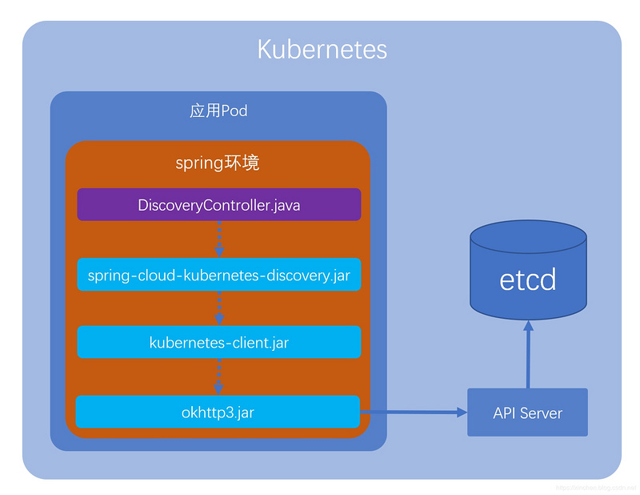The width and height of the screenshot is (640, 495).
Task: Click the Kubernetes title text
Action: [x=322, y=50]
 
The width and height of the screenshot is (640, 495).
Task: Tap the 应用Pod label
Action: [x=218, y=111]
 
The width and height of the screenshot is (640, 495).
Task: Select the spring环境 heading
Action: [x=218, y=163]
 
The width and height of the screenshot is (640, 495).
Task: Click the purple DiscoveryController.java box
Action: [x=218, y=205]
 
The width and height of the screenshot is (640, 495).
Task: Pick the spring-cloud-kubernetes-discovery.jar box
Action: [x=218, y=275]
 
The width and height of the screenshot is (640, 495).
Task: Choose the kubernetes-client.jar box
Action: [x=218, y=343]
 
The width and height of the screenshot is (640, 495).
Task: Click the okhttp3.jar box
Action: [x=218, y=412]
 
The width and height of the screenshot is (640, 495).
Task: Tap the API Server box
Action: [x=527, y=412]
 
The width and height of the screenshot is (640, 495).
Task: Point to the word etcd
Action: [x=528, y=280]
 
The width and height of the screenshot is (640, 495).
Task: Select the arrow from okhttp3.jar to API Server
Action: [x=412, y=412]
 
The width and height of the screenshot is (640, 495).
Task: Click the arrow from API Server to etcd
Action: [x=528, y=356]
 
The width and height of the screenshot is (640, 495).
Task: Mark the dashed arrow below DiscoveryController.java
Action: [x=219, y=239]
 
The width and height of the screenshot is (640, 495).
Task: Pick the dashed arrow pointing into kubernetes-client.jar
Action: [x=219, y=308]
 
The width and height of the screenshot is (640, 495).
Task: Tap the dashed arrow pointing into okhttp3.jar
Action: [x=219, y=376]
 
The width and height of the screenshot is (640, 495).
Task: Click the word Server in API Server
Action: [x=542, y=413]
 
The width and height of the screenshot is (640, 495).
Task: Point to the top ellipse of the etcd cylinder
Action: [x=528, y=236]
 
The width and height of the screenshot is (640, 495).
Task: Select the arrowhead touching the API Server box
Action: [x=462, y=412]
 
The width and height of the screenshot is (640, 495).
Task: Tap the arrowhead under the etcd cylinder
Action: [x=528, y=326]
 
